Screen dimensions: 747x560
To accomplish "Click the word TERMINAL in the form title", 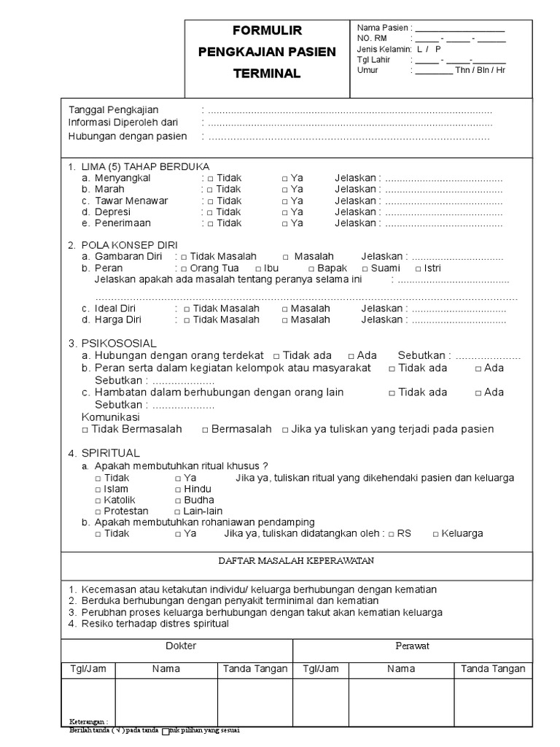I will click(266, 74).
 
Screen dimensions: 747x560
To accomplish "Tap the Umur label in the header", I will click(368, 70).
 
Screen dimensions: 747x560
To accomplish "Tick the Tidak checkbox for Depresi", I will click(210, 212).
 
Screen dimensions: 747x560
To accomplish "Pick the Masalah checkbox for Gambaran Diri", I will click(285, 257).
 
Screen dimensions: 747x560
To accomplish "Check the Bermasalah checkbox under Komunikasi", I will click(205, 430).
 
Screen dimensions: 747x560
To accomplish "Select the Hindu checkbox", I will click(178, 489).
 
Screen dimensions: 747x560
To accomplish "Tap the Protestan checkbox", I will click(98, 512).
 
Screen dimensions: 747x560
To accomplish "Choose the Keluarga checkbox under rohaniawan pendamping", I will click(435, 534).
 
